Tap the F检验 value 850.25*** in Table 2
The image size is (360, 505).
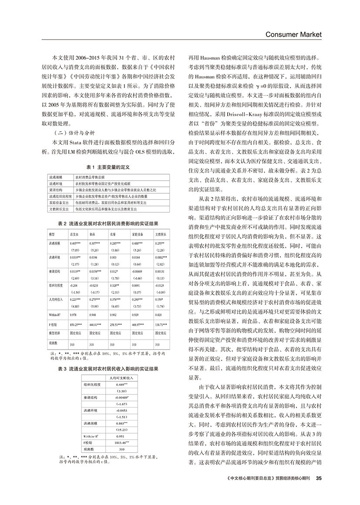tap(77, 325)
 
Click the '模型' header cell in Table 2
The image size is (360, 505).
tap(52, 234)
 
